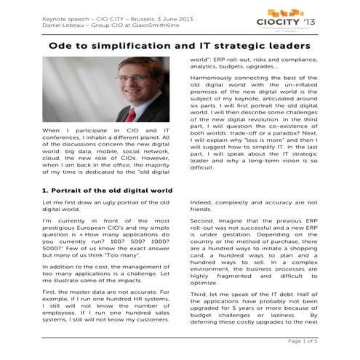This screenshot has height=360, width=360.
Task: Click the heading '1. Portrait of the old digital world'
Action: point(102,189)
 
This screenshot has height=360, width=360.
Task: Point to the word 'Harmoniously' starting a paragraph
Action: point(212,77)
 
